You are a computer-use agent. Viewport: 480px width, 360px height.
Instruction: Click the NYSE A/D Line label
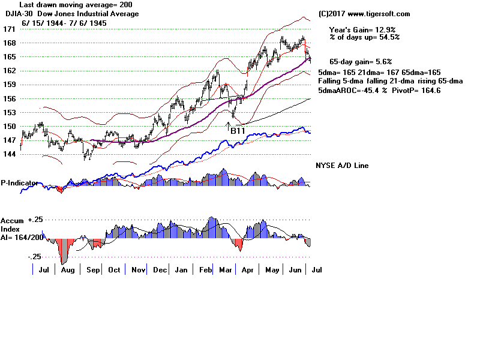342,166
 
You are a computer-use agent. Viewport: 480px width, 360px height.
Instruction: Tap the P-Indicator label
20,182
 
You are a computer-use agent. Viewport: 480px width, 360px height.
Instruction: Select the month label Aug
68,271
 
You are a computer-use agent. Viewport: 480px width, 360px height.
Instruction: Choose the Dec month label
160,271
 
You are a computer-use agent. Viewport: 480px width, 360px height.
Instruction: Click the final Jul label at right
317,271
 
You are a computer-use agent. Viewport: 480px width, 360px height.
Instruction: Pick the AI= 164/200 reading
22,238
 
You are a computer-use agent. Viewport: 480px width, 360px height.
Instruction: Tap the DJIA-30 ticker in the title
16,14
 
